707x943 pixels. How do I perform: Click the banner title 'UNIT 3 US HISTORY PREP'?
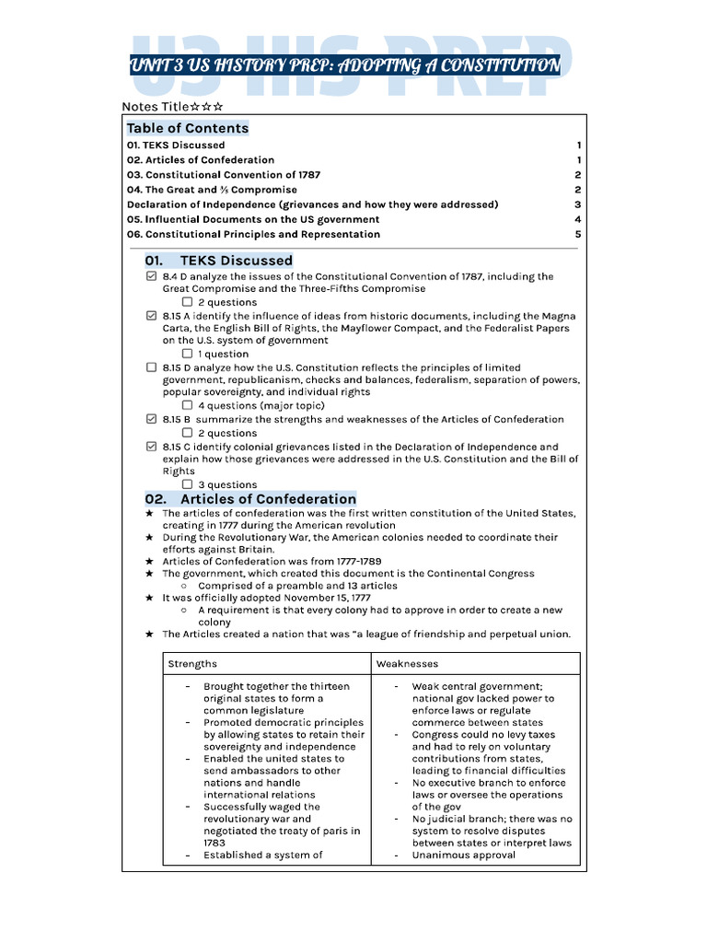(345, 65)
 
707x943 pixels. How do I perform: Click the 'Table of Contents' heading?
(188, 128)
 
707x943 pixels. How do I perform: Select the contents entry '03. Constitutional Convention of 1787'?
(224, 175)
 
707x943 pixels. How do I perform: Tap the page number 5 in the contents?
(577, 234)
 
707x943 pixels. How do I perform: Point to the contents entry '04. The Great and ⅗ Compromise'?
(212, 190)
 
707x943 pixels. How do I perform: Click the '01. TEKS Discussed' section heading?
(218, 261)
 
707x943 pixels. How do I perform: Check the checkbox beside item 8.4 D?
(151, 276)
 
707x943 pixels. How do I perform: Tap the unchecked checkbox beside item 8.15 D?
(151, 367)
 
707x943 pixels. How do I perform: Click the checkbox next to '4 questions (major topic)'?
(187, 405)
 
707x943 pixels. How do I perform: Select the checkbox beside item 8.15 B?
(151, 419)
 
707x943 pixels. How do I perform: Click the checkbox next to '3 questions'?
(187, 484)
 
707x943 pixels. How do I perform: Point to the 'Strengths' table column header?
(192, 663)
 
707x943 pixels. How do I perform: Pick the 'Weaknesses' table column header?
(407, 663)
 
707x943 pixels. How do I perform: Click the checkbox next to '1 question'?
(187, 354)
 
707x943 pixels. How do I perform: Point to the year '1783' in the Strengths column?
(214, 843)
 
